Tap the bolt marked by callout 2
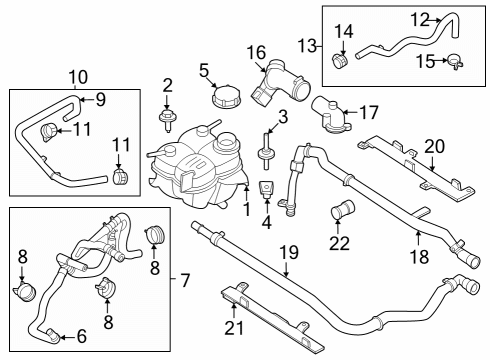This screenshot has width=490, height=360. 167,121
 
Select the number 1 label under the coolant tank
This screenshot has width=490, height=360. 246,208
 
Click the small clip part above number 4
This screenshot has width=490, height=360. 267,189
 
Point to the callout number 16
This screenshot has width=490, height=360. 256,52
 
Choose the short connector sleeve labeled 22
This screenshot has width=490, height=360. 342,212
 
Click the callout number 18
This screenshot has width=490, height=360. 420,256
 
